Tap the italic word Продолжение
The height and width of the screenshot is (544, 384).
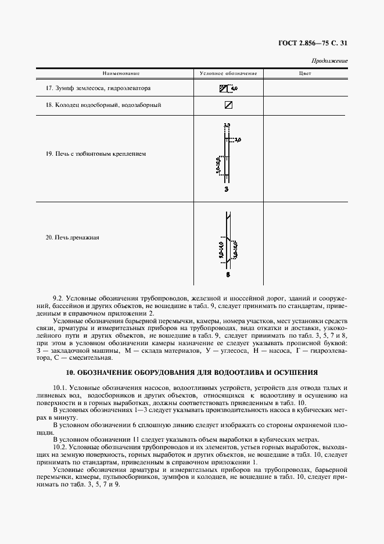(329, 60)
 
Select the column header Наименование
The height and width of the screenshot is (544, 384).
(121, 74)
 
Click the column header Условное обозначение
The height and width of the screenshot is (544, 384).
(228, 74)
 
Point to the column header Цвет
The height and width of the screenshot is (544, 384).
(305, 74)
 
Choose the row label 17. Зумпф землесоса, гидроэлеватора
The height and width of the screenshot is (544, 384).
(98, 88)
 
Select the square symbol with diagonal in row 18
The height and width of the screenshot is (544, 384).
(228, 105)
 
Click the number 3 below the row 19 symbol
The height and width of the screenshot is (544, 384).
(227, 190)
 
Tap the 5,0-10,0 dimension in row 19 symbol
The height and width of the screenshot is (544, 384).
(218, 165)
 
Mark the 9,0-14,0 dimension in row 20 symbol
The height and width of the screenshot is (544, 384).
(221, 250)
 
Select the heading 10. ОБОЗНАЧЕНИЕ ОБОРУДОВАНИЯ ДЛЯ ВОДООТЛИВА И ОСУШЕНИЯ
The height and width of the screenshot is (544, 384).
(191, 371)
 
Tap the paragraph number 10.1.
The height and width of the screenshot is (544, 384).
(60, 387)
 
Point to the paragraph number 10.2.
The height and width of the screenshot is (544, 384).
(60, 447)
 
